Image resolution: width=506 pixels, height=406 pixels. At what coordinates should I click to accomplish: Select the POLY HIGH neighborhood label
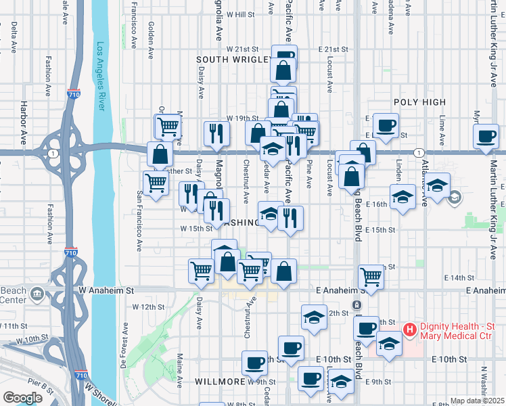point(419,102)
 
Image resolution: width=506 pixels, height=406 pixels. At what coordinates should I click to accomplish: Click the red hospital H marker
point(409,330)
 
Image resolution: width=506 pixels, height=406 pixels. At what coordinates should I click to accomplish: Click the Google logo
point(22,397)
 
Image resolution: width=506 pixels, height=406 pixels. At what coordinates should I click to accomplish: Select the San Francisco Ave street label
point(140,221)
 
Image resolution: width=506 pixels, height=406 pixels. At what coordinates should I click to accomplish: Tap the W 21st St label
point(243,49)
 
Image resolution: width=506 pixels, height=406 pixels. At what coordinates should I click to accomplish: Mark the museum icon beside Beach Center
point(37,294)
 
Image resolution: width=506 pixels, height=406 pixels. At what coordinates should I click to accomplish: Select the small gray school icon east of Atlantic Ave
point(454,198)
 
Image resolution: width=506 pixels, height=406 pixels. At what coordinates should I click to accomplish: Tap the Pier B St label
point(41,386)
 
